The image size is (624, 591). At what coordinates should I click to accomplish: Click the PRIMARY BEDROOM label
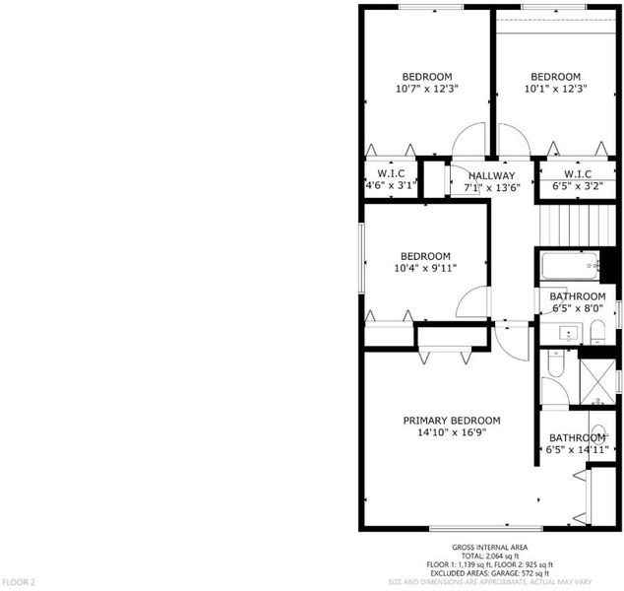click(x=452, y=421)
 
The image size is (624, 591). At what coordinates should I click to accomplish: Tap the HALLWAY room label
click(x=492, y=175)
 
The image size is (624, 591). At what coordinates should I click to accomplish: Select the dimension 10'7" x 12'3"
click(x=427, y=89)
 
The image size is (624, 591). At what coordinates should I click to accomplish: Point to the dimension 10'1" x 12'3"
click(x=556, y=89)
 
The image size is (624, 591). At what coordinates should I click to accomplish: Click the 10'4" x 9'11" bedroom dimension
click(x=425, y=268)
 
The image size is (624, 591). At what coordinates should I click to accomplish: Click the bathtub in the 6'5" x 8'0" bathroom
click(x=570, y=265)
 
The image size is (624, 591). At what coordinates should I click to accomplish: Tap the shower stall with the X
click(x=597, y=382)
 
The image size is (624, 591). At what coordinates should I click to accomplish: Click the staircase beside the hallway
click(x=578, y=226)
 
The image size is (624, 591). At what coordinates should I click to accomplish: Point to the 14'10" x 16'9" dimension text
click(x=452, y=432)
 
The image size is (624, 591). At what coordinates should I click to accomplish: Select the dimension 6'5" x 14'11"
click(x=577, y=449)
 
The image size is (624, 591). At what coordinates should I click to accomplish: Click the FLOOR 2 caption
click(x=19, y=582)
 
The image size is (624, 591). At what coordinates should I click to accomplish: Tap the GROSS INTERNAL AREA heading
click(x=489, y=548)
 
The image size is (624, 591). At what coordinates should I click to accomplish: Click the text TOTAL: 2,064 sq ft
click(x=490, y=556)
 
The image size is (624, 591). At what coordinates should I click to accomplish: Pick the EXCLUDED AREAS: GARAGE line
click(x=490, y=573)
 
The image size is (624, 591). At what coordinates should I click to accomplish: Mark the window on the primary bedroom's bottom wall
click(x=486, y=529)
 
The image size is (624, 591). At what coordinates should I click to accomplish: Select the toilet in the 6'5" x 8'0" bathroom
click(x=597, y=333)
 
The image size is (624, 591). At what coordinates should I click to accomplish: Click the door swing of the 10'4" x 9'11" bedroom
click(x=471, y=301)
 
